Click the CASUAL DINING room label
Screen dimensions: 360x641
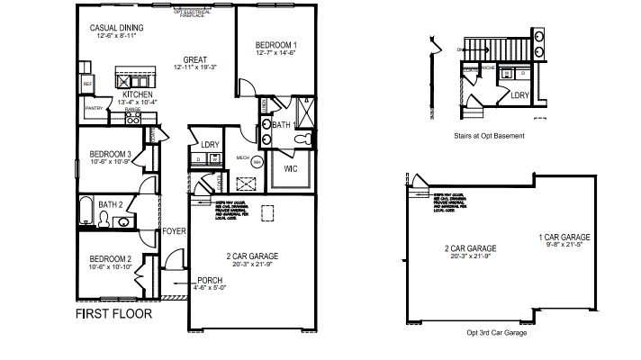point(117,28)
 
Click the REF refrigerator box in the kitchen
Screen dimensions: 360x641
point(87,84)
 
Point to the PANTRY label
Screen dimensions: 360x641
point(93,108)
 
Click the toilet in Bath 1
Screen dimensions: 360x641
point(303,139)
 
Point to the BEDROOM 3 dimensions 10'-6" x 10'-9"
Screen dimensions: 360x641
point(111,164)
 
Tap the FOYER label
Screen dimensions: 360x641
point(173,231)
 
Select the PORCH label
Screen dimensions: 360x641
point(210,280)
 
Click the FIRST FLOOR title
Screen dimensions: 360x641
point(113,315)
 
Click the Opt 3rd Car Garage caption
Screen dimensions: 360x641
point(496,332)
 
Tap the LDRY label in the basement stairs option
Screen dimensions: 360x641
point(519,94)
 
